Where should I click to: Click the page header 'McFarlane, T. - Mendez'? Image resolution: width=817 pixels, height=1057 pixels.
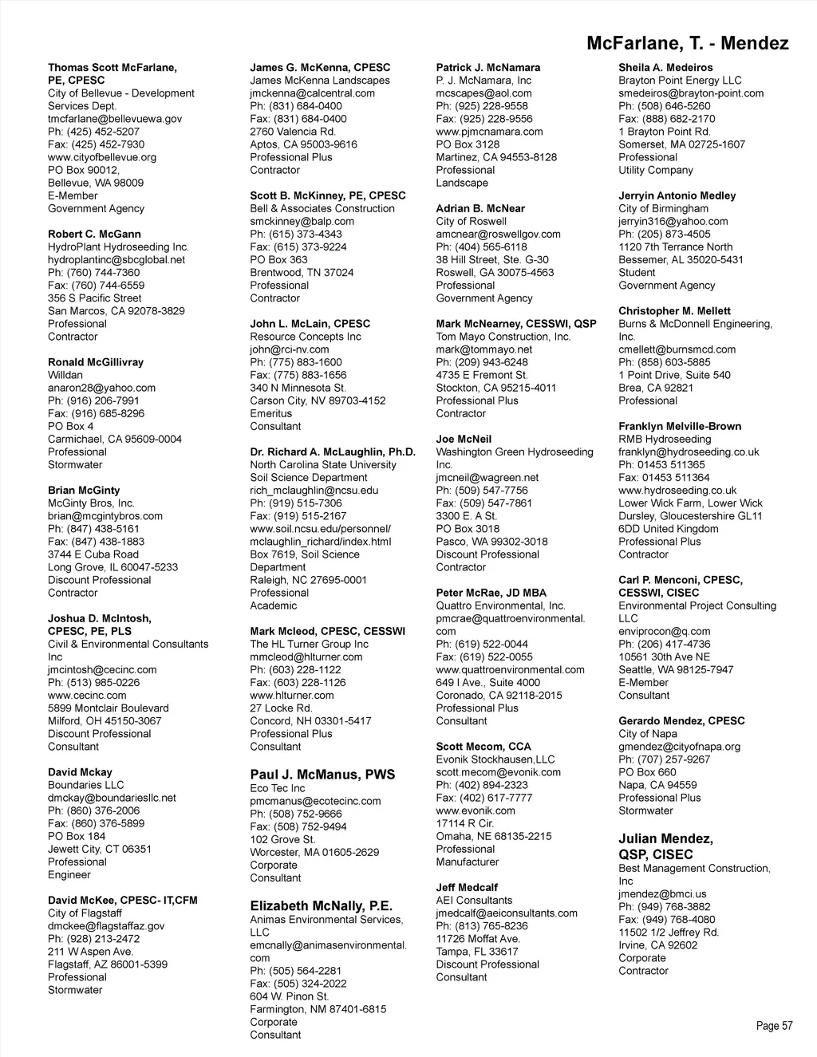687,43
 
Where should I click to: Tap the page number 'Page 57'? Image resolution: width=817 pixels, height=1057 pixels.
774,1026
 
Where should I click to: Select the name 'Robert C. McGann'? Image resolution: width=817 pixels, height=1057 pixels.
94,234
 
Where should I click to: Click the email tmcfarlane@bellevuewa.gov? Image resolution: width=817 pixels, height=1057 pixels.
115,119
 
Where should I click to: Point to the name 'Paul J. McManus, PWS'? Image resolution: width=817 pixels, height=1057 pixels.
322,775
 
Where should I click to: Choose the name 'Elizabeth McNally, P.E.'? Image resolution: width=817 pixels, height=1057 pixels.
321,905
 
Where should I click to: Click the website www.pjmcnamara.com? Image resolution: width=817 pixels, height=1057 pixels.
489,132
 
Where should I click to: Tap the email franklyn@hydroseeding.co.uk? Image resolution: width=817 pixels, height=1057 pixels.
689,452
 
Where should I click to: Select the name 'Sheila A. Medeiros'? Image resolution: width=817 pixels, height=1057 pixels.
665,68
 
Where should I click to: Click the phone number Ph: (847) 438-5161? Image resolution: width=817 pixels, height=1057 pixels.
93,529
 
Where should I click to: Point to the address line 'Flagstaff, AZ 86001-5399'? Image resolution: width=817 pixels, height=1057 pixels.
108,964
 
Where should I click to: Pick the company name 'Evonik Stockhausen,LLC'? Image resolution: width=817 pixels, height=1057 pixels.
495,759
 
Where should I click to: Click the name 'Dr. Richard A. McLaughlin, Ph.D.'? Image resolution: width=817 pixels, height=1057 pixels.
333,452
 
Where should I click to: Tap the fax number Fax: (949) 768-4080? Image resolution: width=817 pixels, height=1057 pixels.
666,920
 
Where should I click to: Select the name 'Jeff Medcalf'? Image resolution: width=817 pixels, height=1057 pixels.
467,887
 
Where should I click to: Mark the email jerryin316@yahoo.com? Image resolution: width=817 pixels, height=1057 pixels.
673,221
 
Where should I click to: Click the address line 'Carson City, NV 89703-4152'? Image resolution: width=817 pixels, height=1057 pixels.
318,400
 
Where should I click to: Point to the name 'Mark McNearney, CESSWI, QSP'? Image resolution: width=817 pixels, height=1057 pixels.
515,324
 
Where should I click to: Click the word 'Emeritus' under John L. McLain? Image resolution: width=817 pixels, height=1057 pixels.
271,413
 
